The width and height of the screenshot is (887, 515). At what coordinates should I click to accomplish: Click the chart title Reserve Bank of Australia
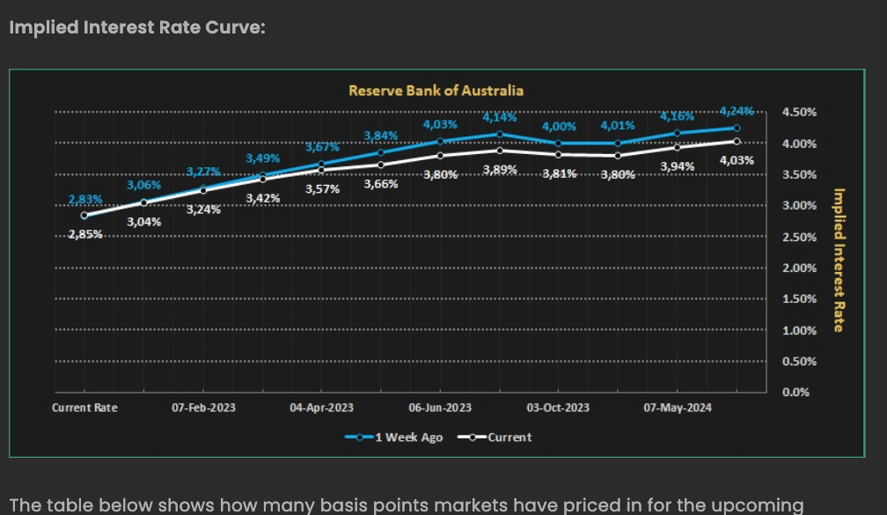(x=436, y=90)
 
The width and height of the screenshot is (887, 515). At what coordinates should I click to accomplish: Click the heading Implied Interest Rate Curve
(x=136, y=27)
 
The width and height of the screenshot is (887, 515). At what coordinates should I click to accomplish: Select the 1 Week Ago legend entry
(x=400, y=437)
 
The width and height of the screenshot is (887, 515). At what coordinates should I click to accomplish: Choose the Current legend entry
(x=502, y=437)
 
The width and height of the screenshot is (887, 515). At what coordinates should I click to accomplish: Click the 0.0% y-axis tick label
(x=795, y=393)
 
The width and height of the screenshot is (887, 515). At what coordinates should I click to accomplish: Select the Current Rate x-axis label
(x=84, y=408)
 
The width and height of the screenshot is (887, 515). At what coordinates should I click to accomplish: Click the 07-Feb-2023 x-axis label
(x=203, y=408)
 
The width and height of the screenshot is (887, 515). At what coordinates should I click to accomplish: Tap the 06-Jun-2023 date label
(x=440, y=408)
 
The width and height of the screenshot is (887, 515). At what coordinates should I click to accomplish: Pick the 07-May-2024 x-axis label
(x=678, y=408)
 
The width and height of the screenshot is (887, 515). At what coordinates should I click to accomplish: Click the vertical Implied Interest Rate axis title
(x=839, y=261)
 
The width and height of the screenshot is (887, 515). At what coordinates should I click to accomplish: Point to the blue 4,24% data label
(x=737, y=111)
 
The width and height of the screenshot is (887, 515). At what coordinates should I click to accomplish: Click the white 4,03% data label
(x=737, y=159)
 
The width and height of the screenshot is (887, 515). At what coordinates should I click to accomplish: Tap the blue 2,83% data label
(x=84, y=200)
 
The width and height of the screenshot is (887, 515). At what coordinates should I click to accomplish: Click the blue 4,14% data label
(x=499, y=116)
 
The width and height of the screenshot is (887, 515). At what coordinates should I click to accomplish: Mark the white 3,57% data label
(x=322, y=188)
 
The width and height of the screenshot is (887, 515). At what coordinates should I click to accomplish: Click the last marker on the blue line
(x=737, y=128)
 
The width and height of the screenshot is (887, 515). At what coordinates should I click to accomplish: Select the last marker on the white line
(x=737, y=141)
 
